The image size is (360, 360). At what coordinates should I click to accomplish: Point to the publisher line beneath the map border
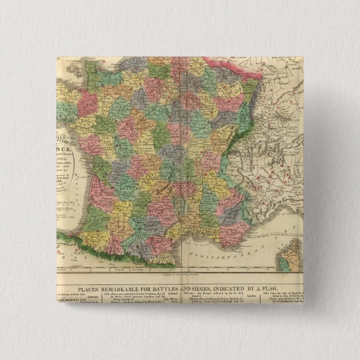tap(179, 274)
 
